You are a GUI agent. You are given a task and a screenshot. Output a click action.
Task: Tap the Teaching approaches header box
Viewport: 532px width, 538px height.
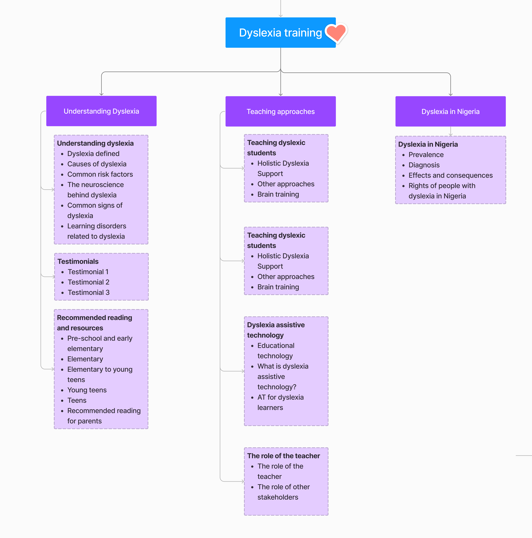click(x=281, y=111)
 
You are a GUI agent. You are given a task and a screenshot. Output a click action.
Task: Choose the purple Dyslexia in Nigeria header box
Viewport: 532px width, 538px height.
click(x=450, y=111)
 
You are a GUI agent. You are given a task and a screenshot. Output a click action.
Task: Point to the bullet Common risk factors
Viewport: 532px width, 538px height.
click(x=100, y=174)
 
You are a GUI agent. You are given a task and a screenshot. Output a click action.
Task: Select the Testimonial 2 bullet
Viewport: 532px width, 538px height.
click(x=89, y=282)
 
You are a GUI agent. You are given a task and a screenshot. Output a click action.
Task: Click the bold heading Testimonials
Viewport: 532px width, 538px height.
click(x=78, y=262)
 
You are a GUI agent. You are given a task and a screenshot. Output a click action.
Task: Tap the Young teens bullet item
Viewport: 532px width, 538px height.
click(x=87, y=390)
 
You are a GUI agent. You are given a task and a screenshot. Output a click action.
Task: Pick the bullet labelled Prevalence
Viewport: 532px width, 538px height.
click(x=426, y=155)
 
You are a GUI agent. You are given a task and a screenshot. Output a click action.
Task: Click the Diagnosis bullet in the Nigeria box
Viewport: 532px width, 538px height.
click(x=424, y=165)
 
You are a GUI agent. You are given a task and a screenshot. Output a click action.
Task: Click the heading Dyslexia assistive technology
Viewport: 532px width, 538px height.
click(x=276, y=330)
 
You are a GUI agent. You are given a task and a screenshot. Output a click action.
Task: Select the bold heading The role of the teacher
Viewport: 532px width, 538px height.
click(x=284, y=456)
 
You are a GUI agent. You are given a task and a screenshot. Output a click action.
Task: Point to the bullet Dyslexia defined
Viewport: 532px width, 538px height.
click(x=93, y=154)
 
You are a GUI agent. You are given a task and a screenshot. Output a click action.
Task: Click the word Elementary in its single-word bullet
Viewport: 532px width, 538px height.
click(x=85, y=359)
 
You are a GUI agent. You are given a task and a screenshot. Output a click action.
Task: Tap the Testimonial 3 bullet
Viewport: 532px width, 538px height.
click(x=89, y=292)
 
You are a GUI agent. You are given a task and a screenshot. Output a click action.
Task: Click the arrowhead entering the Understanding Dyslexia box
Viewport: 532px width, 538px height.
click(x=101, y=94)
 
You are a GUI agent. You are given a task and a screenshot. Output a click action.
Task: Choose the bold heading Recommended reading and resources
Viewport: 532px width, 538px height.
click(x=94, y=323)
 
